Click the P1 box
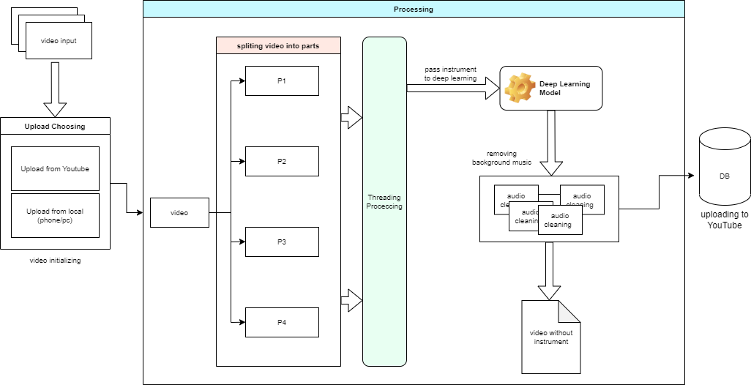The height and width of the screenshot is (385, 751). point(282,81)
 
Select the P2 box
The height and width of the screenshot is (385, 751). point(282,162)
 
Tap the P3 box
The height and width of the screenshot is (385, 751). point(282,242)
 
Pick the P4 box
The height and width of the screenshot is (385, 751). point(282,323)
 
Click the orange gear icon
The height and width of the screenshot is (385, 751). point(520,88)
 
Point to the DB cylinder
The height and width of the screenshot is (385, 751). point(725,167)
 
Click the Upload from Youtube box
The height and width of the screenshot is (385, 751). point(55,169)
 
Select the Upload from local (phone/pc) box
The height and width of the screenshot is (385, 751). point(55,216)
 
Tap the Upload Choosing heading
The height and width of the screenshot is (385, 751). point(55,127)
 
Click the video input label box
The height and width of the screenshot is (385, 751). point(59,40)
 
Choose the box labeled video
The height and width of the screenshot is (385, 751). point(179,213)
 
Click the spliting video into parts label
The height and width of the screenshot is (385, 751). point(278,46)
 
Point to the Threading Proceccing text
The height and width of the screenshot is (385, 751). point(384,202)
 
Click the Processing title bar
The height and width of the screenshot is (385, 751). point(414,10)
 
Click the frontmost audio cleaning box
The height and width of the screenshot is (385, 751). point(560,220)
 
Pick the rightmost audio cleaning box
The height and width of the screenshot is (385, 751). point(583,198)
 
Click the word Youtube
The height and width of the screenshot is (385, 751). point(76,169)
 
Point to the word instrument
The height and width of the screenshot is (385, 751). point(551,342)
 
